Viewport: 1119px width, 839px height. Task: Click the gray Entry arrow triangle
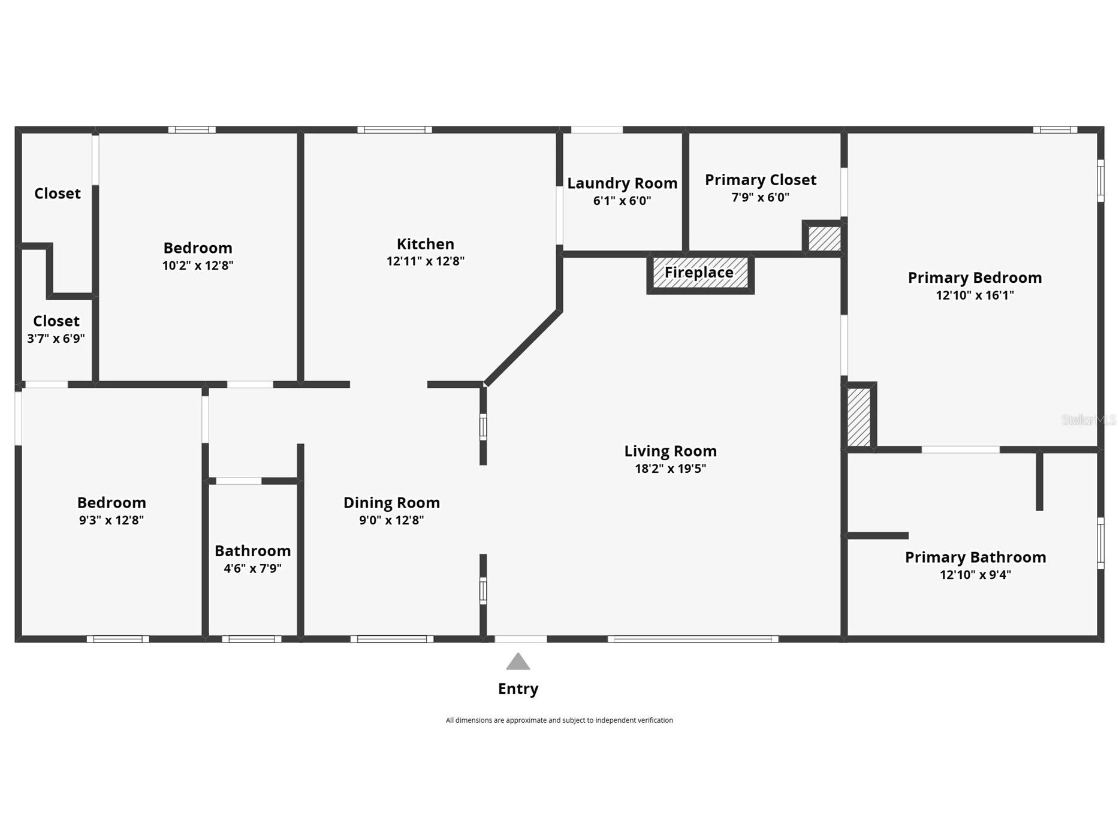[x=518, y=662]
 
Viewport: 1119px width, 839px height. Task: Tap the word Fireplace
[x=699, y=273]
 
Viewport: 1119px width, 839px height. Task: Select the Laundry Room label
[x=622, y=183]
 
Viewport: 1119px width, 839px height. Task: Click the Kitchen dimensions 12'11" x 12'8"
[x=426, y=261]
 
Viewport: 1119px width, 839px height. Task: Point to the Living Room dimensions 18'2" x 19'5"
[x=671, y=469]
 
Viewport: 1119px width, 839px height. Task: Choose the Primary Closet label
[x=761, y=180]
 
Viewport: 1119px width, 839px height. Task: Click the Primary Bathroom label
[x=975, y=557]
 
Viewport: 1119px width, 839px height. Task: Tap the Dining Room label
[x=391, y=503]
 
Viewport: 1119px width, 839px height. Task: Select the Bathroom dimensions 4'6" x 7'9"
[x=252, y=568]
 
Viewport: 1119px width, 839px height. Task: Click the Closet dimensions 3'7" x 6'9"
[x=56, y=339]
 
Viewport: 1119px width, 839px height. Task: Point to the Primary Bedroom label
[x=975, y=278]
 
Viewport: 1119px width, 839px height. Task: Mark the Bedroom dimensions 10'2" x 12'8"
[x=198, y=265]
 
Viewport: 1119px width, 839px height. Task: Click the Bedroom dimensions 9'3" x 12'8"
[x=111, y=520]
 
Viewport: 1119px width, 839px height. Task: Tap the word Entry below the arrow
[x=518, y=689]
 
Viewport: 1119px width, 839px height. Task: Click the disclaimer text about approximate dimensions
[x=559, y=720]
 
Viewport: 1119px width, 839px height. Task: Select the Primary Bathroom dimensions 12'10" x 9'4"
[x=975, y=575]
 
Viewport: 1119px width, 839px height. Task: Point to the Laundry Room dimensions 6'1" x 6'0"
[x=622, y=201]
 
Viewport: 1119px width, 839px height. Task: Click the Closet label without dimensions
[x=58, y=194]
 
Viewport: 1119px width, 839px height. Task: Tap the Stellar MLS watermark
[x=1088, y=420]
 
